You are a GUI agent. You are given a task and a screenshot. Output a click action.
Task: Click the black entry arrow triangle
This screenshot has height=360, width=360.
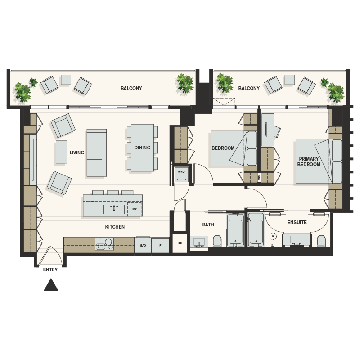click(51, 285)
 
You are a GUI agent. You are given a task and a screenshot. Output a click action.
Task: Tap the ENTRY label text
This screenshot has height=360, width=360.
click(50, 270)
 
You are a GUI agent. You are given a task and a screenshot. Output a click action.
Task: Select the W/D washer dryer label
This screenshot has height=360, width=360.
click(181, 172)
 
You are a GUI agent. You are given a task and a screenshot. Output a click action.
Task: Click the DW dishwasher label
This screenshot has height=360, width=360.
click(134, 209)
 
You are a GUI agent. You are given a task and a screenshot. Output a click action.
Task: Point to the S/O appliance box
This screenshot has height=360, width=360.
click(143, 246)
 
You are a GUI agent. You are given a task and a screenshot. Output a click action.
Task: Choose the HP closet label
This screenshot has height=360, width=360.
click(180, 243)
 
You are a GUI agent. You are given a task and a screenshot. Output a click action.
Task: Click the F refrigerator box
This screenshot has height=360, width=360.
click(160, 246)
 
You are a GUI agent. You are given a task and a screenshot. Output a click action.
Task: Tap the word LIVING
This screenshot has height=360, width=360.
click(77, 153)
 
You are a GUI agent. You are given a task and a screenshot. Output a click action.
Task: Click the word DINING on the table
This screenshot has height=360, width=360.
click(142, 148)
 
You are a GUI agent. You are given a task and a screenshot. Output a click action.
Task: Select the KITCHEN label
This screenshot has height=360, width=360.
click(115, 227)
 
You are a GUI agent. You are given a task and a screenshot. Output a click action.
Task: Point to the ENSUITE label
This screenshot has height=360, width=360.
click(297, 222)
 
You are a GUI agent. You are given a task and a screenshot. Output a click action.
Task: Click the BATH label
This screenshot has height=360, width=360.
click(208, 225)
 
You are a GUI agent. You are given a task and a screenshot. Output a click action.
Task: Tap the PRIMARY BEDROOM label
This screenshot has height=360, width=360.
click(309, 162)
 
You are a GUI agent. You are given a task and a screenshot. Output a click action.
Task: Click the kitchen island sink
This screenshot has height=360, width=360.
click(114, 209)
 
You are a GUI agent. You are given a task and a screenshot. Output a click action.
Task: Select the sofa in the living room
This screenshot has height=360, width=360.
click(96, 153)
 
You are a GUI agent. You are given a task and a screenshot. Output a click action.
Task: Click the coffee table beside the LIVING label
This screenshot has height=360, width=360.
click(61, 152)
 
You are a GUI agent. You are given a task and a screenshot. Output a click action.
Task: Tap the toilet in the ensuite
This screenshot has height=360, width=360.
click(321, 242)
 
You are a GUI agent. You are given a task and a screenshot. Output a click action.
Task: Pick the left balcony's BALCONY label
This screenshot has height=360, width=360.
click(131, 89)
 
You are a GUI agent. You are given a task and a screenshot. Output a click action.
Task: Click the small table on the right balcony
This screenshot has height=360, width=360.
click(289, 80)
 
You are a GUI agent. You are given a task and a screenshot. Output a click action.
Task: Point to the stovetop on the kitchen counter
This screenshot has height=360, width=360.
click(104, 245)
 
